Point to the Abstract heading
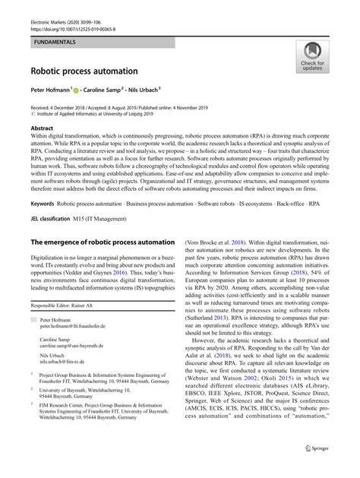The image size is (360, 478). click(42, 129)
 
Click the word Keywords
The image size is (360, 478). click(45, 204)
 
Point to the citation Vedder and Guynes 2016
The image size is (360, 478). click(108, 270)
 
